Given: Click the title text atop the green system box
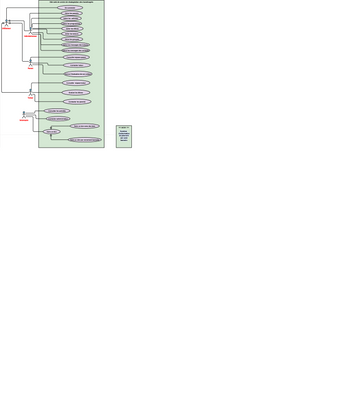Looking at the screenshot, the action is tap(70, 2).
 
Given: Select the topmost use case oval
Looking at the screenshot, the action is tap(71, 8).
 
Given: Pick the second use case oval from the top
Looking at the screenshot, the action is tap(72, 13).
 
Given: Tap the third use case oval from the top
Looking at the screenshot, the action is tap(72, 19).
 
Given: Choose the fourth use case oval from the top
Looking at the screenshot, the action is tap(72, 24).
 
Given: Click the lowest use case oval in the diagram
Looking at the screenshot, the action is tap(85, 140).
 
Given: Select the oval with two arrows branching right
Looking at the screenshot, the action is tap(53, 131).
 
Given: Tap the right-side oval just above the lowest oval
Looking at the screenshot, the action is tap(85, 126).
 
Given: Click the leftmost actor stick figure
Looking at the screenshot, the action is tap(6, 23).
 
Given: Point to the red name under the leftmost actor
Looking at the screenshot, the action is tap(6, 29).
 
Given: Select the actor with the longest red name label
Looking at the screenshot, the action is tap(29, 31).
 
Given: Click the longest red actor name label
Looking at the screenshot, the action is tap(29, 37).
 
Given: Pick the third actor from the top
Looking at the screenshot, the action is tap(31, 62).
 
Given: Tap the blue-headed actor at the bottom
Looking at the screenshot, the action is tap(23, 114).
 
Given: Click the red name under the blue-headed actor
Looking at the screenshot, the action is tap(23, 120).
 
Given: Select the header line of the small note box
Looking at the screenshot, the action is tap(124, 127).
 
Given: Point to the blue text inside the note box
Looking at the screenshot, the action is tap(124, 137).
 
